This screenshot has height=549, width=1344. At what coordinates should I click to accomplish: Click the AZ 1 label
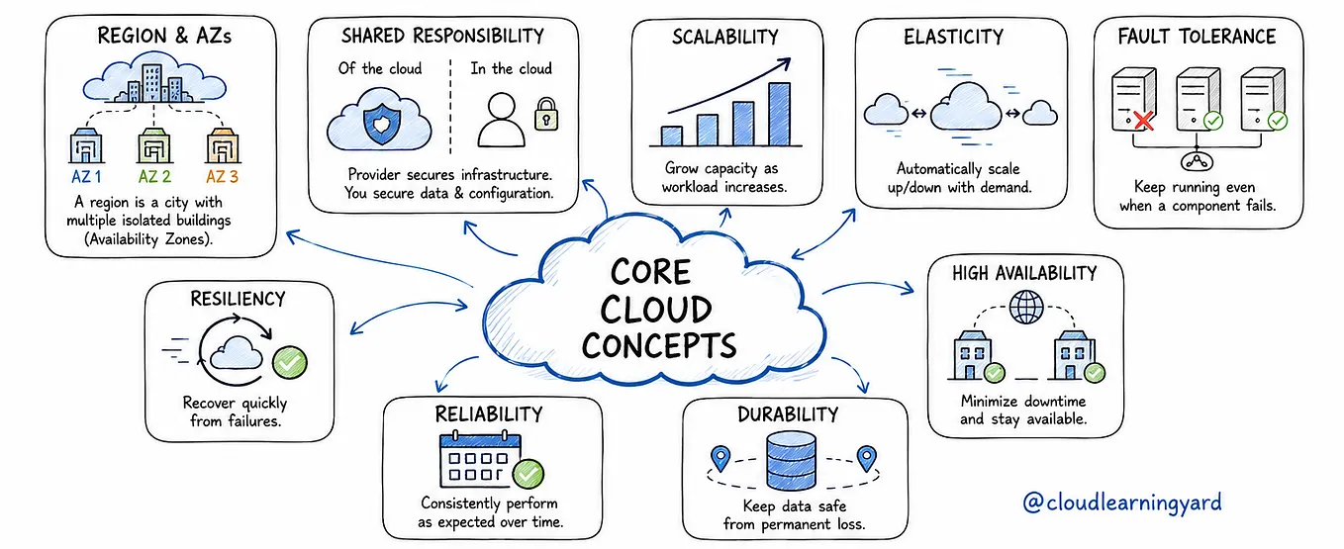pos(86,176)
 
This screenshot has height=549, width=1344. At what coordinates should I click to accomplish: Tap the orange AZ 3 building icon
pos(223,145)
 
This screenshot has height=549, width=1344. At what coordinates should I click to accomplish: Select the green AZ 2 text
pos(154,176)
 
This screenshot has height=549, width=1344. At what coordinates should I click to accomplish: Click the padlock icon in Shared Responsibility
pos(546,114)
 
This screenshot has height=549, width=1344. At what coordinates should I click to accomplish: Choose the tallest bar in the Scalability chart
pos(780,114)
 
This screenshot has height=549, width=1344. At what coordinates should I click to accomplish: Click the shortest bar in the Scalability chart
pos(671,137)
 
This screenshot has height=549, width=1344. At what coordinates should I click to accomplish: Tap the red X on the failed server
pos(1145,121)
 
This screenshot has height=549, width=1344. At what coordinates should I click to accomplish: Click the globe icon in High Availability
pos(1026,308)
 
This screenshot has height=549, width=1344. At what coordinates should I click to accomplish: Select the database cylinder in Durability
pos(792,461)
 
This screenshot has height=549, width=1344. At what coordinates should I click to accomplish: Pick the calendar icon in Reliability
pos(481,460)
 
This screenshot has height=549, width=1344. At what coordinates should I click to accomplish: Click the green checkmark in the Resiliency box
pos(290,362)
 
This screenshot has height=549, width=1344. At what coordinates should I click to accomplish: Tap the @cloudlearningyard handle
pos(1122,503)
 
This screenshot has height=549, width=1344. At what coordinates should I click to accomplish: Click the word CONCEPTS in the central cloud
pos(659,346)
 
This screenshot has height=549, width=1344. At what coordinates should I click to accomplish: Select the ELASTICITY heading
pos(953,38)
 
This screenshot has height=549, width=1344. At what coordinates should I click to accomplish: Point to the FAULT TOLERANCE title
pos(1197,37)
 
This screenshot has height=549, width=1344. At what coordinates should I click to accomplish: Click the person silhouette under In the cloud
pos(501,120)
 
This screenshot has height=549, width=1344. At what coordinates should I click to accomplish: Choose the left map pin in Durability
pos(720,458)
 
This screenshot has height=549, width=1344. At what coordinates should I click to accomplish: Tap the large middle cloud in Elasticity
pos(965,108)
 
